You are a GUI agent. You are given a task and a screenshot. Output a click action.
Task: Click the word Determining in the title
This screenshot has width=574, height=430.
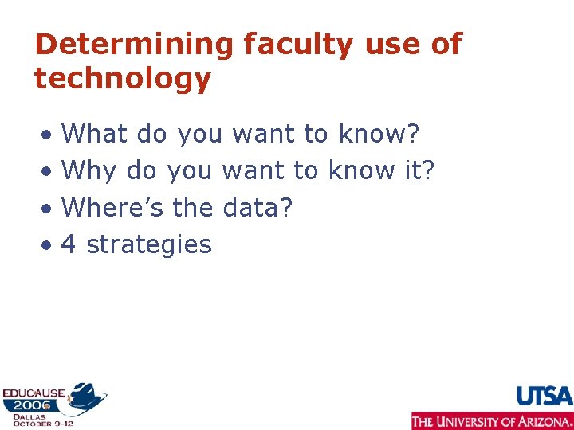click(134, 45)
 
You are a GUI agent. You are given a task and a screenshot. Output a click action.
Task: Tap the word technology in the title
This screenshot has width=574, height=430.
click(123, 80)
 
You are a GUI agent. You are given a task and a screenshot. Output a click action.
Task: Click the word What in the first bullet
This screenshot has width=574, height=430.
click(94, 134)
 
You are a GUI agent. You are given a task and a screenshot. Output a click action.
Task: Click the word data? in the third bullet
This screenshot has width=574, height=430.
click(258, 207)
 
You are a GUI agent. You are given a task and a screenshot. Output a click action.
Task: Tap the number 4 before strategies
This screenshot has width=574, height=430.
click(69, 244)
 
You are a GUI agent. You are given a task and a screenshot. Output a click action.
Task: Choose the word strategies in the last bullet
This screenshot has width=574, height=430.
click(149, 244)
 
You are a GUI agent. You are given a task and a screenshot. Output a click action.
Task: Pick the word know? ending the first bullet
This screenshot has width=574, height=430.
click(379, 134)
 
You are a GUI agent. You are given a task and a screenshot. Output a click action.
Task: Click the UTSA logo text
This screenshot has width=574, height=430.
click(545, 396)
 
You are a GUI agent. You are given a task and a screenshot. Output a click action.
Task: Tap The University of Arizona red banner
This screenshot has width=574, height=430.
click(492, 420)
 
